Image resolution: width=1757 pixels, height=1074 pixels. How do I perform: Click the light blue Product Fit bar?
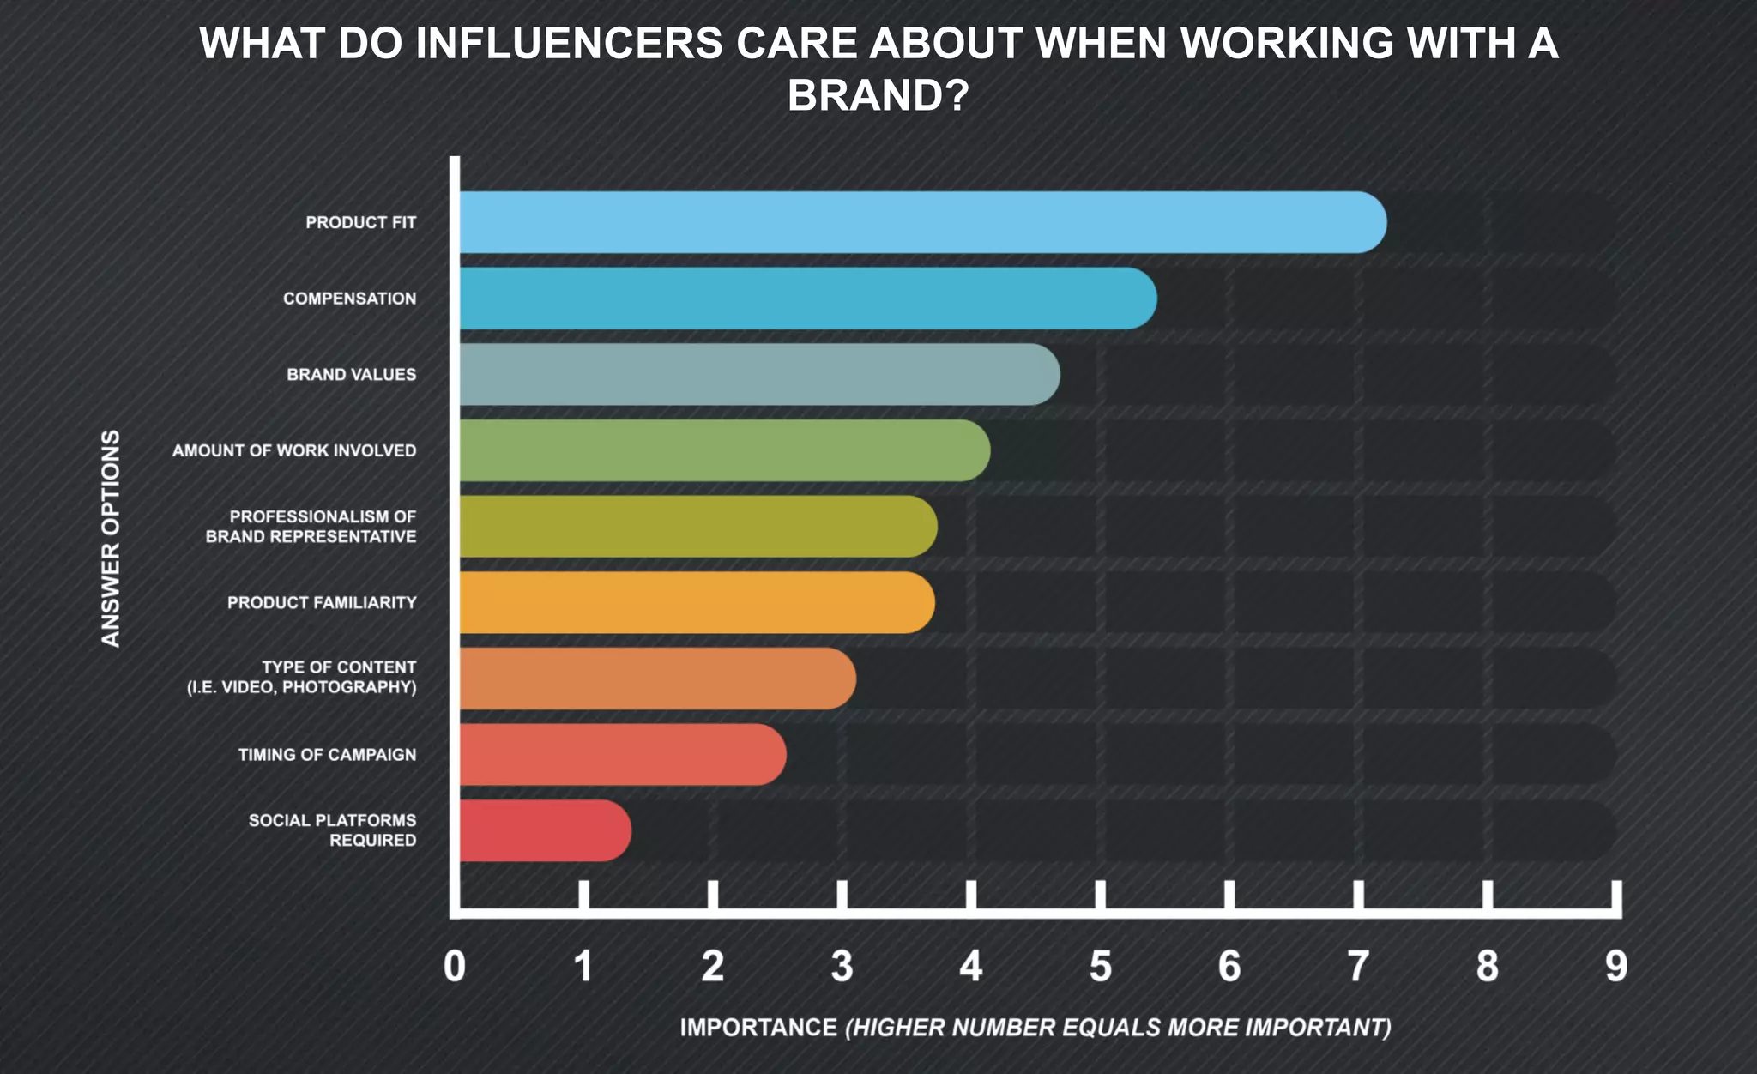(x=922, y=222)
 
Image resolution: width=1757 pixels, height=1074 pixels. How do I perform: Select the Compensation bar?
(x=806, y=298)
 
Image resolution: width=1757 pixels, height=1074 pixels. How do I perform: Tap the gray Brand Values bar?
(x=759, y=374)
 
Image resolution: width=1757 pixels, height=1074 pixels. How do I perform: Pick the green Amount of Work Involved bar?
(x=725, y=450)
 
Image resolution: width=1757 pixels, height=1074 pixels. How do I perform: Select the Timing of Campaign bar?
(x=622, y=754)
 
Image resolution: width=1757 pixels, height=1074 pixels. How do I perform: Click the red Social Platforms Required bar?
(x=545, y=830)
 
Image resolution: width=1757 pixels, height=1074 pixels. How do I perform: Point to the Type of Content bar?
(x=657, y=679)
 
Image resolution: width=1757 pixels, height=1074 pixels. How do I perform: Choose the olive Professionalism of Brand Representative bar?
(x=697, y=526)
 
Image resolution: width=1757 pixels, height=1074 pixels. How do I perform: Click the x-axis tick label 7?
(x=1357, y=967)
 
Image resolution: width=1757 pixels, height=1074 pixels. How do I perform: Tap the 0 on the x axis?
(x=455, y=967)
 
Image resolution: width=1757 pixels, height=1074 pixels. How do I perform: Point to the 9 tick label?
(x=1615, y=967)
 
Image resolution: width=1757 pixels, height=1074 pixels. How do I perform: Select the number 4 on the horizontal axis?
(x=970, y=967)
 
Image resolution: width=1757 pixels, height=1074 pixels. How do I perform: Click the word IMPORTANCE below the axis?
(x=758, y=1027)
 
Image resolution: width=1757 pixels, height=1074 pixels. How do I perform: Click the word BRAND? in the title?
(x=878, y=95)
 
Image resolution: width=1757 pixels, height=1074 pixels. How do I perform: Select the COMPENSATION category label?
(x=349, y=299)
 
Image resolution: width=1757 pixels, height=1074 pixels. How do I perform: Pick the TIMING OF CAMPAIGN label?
(x=327, y=755)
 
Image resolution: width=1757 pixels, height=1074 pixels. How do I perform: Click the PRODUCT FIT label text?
(x=360, y=223)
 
